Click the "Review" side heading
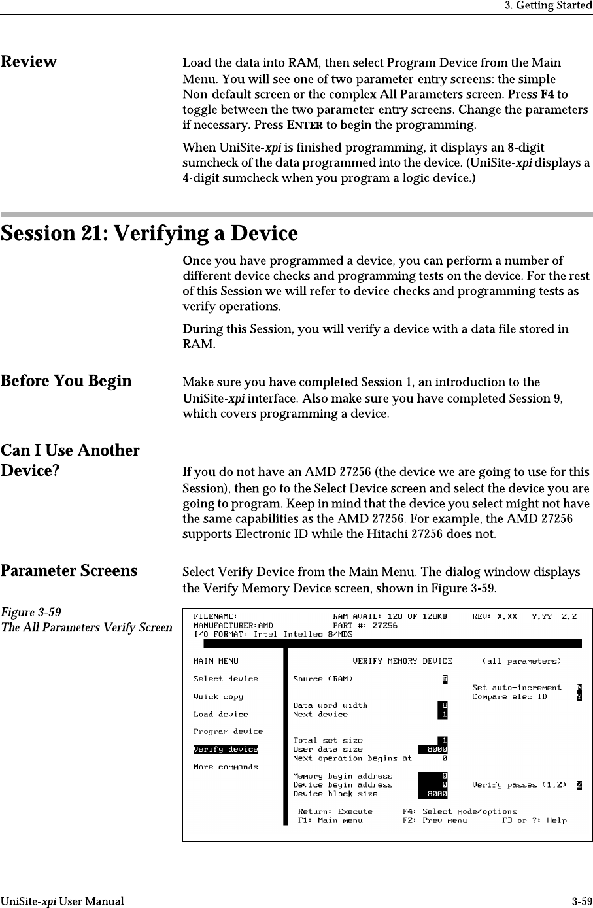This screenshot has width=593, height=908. coord(29,62)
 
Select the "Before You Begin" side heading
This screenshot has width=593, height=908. coord(66,381)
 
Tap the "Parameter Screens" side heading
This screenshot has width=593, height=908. coord(69,571)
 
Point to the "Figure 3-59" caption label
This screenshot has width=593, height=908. coord(31,613)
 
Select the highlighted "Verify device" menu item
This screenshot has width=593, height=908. coord(226,749)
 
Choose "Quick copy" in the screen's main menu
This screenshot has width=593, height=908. coord(218,697)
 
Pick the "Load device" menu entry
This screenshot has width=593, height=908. coord(220,715)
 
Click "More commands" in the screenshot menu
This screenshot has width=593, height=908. coord(226,767)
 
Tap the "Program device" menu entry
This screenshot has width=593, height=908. coord(228,731)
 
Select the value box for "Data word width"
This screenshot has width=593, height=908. coord(444,705)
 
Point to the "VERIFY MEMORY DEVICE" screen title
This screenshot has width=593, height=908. coord(402,661)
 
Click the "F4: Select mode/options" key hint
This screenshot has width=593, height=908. coord(460,811)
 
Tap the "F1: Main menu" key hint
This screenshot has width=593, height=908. coord(330,820)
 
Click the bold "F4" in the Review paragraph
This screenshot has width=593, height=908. coord(561,93)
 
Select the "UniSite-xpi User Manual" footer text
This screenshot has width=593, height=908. coord(62,901)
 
